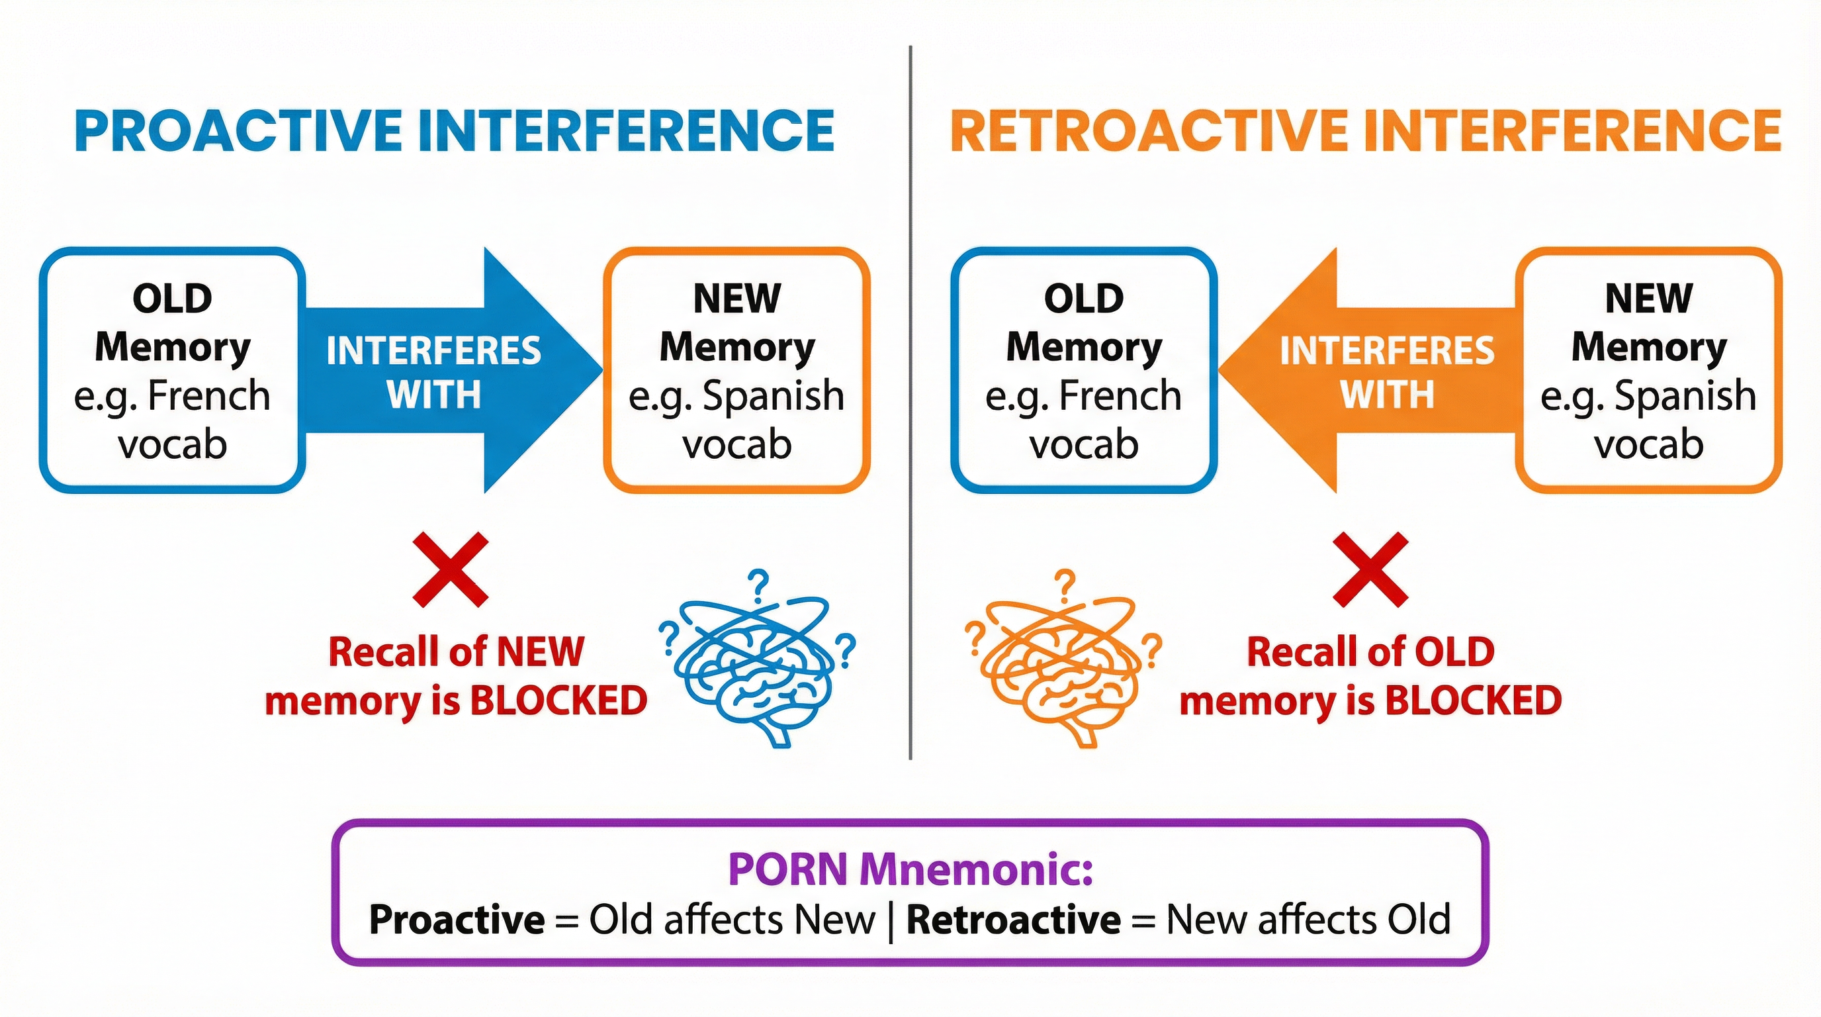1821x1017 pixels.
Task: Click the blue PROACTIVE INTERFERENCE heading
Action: [454, 131]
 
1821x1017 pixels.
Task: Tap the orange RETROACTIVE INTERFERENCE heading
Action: [1365, 131]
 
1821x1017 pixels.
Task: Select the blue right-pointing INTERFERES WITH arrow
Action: [453, 370]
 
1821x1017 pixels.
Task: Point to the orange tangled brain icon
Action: [1060, 665]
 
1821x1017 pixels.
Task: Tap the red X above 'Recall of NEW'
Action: [451, 570]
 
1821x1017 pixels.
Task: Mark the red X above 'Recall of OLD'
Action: [1370, 570]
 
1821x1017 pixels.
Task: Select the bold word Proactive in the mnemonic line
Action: [457, 920]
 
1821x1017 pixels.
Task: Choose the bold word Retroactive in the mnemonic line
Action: [1013, 920]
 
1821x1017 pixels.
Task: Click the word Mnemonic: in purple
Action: [976, 869]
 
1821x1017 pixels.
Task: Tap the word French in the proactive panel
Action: [209, 395]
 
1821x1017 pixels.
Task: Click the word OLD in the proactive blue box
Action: [173, 299]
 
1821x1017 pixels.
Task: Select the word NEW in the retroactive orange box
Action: [1648, 299]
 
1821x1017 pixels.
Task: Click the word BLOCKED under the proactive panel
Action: [558, 701]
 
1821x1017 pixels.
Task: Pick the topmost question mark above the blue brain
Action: [758, 585]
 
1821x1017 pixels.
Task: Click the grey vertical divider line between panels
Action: [910, 403]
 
